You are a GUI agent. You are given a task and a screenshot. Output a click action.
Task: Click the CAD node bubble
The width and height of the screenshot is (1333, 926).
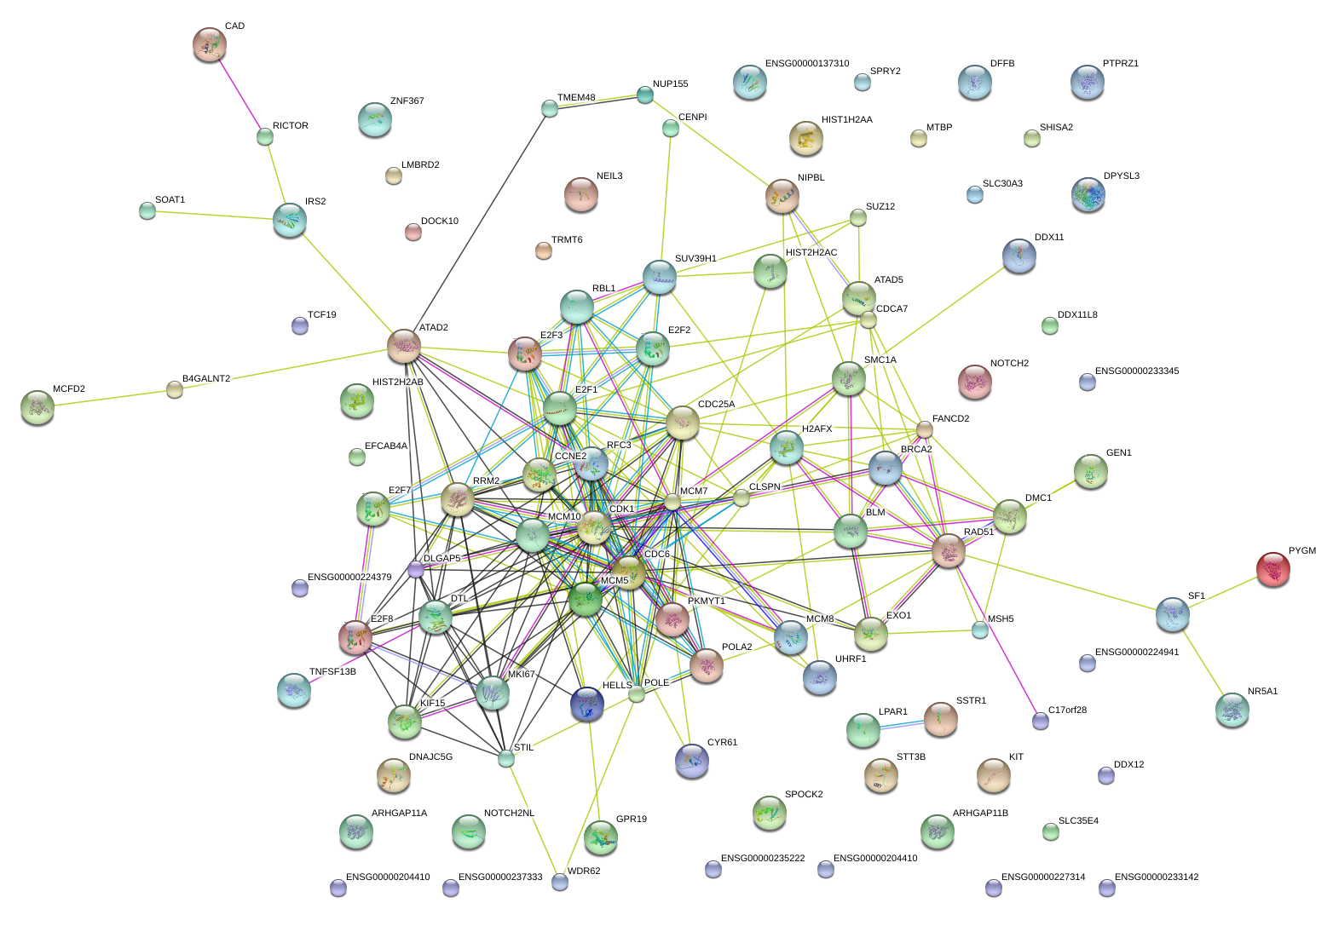coord(209,44)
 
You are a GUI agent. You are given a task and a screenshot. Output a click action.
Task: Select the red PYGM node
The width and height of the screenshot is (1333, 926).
coord(1273,569)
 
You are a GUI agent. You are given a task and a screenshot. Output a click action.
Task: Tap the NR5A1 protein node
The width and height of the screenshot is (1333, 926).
coord(1232,710)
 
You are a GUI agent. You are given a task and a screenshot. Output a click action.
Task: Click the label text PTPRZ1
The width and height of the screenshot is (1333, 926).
coord(1120,64)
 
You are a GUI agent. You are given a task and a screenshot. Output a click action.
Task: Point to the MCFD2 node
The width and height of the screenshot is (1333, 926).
coord(37,407)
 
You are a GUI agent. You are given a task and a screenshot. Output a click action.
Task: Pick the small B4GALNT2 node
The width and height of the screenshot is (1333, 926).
coord(175,389)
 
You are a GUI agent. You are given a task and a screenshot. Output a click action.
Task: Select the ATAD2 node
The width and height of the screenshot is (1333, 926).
coord(403,346)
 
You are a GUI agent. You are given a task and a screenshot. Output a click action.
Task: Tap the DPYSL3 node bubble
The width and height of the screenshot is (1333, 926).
coord(1088,194)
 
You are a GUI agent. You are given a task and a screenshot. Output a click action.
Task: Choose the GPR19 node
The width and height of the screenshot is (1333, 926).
coord(600,837)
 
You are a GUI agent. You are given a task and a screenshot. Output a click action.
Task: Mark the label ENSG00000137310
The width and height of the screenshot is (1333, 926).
coord(806,64)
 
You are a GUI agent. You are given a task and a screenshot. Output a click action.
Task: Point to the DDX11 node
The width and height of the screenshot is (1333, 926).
coord(1019,255)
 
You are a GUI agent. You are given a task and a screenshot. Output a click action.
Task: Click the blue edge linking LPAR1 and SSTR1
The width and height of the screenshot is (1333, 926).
coord(902,725)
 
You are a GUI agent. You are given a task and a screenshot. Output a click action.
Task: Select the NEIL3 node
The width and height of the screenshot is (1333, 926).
coord(581,195)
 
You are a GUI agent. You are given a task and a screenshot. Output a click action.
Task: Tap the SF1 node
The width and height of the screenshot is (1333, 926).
coord(1172,613)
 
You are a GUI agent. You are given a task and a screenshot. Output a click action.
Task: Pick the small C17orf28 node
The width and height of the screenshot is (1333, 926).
coord(1040,721)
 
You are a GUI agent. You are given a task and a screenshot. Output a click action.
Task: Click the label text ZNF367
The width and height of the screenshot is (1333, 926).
coord(407,101)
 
